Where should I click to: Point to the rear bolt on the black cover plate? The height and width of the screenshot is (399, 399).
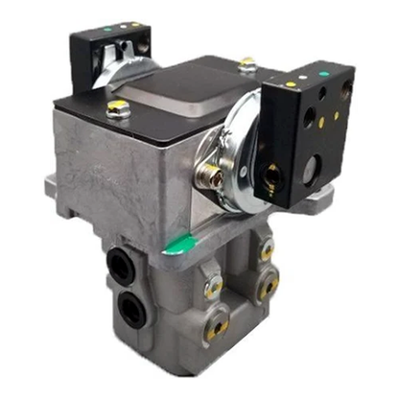tap(247, 66)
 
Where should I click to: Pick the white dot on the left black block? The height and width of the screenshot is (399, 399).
tap(121, 27)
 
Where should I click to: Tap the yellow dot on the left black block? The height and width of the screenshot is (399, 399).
tap(133, 24)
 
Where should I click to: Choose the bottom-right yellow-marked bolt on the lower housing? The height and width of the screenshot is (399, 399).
tap(269, 286)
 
